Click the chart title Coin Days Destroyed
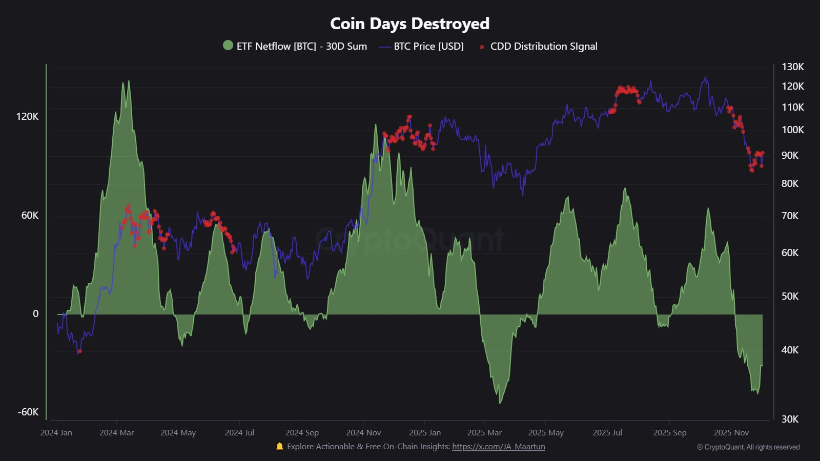[x=409, y=24]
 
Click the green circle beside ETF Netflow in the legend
[x=228, y=46]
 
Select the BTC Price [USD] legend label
[x=428, y=46]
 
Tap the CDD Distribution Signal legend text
[x=544, y=46]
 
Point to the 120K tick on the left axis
[x=27, y=116]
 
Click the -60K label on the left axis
[x=28, y=412]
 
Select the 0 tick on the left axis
[x=35, y=313]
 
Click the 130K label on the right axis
[x=792, y=67]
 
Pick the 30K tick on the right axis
[x=790, y=419]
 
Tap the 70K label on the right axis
[x=790, y=216]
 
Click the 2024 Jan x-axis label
[x=56, y=432]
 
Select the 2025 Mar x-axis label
[x=484, y=432]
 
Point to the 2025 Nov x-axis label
[x=731, y=432]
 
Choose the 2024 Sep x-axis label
[x=302, y=432]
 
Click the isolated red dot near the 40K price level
[x=79, y=351]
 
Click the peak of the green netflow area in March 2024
[x=128, y=81]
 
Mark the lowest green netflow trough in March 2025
[x=500, y=403]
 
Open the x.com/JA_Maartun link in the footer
[x=498, y=446]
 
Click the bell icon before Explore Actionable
[x=279, y=446]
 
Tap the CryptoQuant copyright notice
[x=748, y=447]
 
